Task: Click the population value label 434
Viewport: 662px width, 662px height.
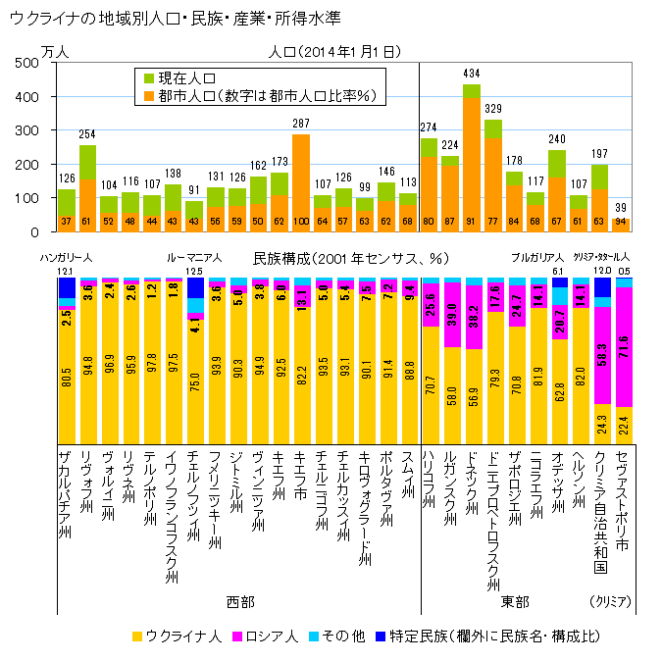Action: [x=471, y=75]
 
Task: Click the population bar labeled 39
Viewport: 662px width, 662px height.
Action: [x=622, y=225]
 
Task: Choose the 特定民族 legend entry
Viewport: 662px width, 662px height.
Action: [x=481, y=636]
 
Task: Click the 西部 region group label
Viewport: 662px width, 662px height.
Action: [x=238, y=600]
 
